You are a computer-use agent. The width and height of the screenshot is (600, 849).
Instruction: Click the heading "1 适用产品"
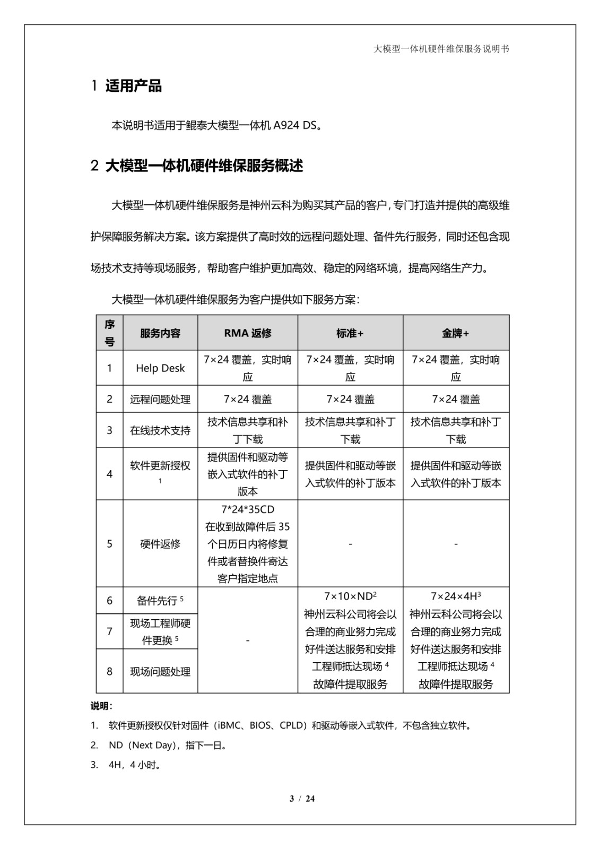pyautogui.click(x=126, y=86)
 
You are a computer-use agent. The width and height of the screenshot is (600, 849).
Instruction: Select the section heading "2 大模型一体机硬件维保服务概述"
pyautogui.click(x=197, y=166)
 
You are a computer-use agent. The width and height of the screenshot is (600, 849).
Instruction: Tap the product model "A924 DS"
pyautogui.click(x=294, y=126)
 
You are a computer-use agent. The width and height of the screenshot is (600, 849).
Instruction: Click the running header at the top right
pyautogui.click(x=441, y=49)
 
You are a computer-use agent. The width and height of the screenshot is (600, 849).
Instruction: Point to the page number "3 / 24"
pyautogui.click(x=302, y=799)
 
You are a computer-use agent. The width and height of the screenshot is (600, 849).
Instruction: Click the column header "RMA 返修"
pyautogui.click(x=248, y=333)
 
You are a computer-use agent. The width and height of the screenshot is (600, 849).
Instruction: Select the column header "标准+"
pyautogui.click(x=350, y=333)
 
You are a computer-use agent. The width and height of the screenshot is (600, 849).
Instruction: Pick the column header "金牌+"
pyautogui.click(x=456, y=333)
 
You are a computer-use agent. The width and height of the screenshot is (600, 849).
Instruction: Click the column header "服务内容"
pyautogui.click(x=160, y=333)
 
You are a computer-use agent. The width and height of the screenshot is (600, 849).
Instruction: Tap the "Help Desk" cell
pyautogui.click(x=160, y=368)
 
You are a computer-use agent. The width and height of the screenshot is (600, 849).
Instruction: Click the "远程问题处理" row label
pyautogui.click(x=160, y=400)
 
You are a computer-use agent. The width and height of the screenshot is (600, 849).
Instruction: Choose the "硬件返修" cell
pyautogui.click(x=160, y=544)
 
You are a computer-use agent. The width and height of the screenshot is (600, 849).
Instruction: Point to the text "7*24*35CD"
pyautogui.click(x=248, y=509)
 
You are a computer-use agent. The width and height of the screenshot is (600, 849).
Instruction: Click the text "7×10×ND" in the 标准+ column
pyautogui.click(x=348, y=597)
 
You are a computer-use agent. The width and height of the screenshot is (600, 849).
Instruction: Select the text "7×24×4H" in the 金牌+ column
pyautogui.click(x=454, y=597)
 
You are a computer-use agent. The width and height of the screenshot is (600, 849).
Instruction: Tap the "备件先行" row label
pyautogui.click(x=157, y=601)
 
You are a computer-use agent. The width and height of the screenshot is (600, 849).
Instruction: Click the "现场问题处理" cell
pyautogui.click(x=160, y=672)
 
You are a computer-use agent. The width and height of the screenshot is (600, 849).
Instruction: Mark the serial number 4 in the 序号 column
pyautogui.click(x=110, y=474)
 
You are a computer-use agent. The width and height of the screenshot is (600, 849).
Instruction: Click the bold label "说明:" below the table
pyautogui.click(x=101, y=706)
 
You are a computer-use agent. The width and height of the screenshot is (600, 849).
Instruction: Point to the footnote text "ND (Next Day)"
pyautogui.click(x=142, y=745)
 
